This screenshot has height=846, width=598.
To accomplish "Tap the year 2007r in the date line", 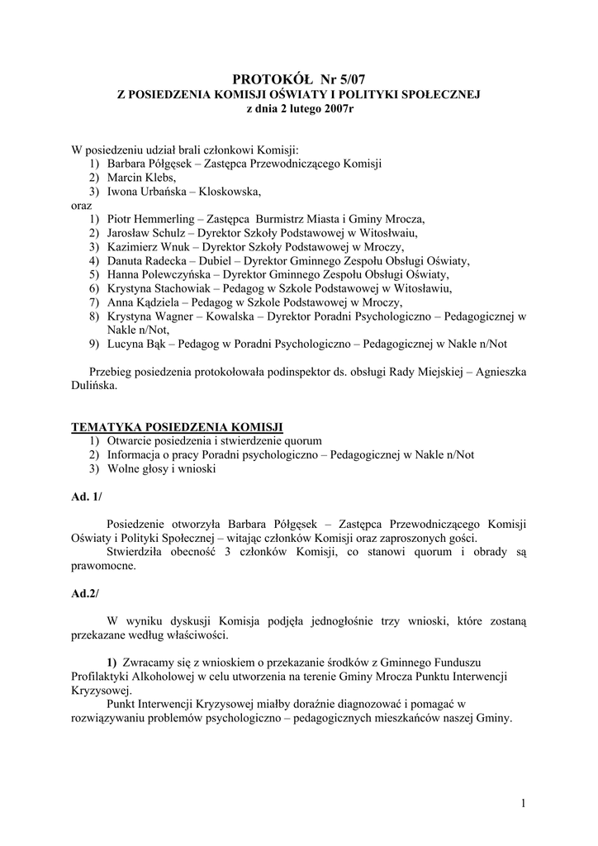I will click(x=337, y=109).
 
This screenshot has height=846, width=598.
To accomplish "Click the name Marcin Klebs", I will click(x=140, y=178).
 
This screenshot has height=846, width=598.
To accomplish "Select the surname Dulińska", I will click(x=95, y=385).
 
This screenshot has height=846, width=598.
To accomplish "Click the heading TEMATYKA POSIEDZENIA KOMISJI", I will click(x=178, y=426).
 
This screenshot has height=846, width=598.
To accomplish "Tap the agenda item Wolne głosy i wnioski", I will click(x=161, y=468).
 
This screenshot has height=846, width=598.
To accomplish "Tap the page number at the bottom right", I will click(x=524, y=802).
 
